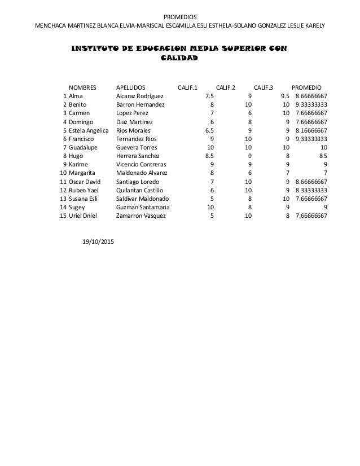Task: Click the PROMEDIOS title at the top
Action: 179,16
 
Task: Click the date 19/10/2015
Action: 98,242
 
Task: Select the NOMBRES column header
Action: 82,87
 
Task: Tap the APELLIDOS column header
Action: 130,87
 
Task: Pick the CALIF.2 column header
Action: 226,87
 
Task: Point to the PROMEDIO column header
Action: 306,87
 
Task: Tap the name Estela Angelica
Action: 89,130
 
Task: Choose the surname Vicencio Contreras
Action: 141,165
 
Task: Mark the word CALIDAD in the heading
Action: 179,58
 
